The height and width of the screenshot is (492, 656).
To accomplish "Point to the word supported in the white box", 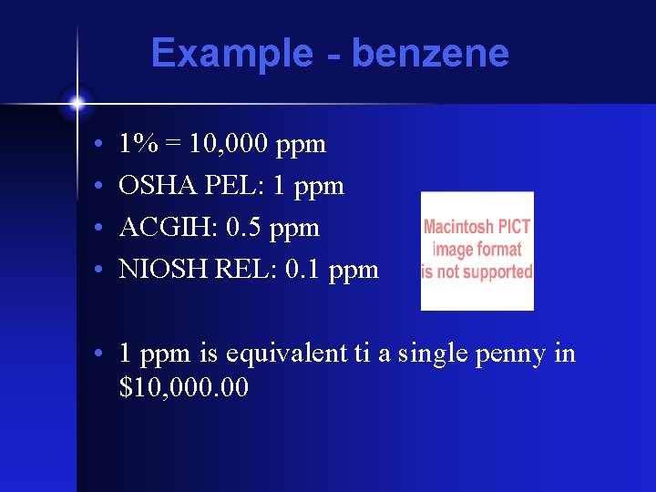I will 497,272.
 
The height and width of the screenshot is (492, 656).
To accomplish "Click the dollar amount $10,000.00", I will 183,388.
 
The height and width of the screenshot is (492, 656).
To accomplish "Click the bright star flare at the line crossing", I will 77,103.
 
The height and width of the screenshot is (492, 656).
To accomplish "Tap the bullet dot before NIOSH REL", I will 97,271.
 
